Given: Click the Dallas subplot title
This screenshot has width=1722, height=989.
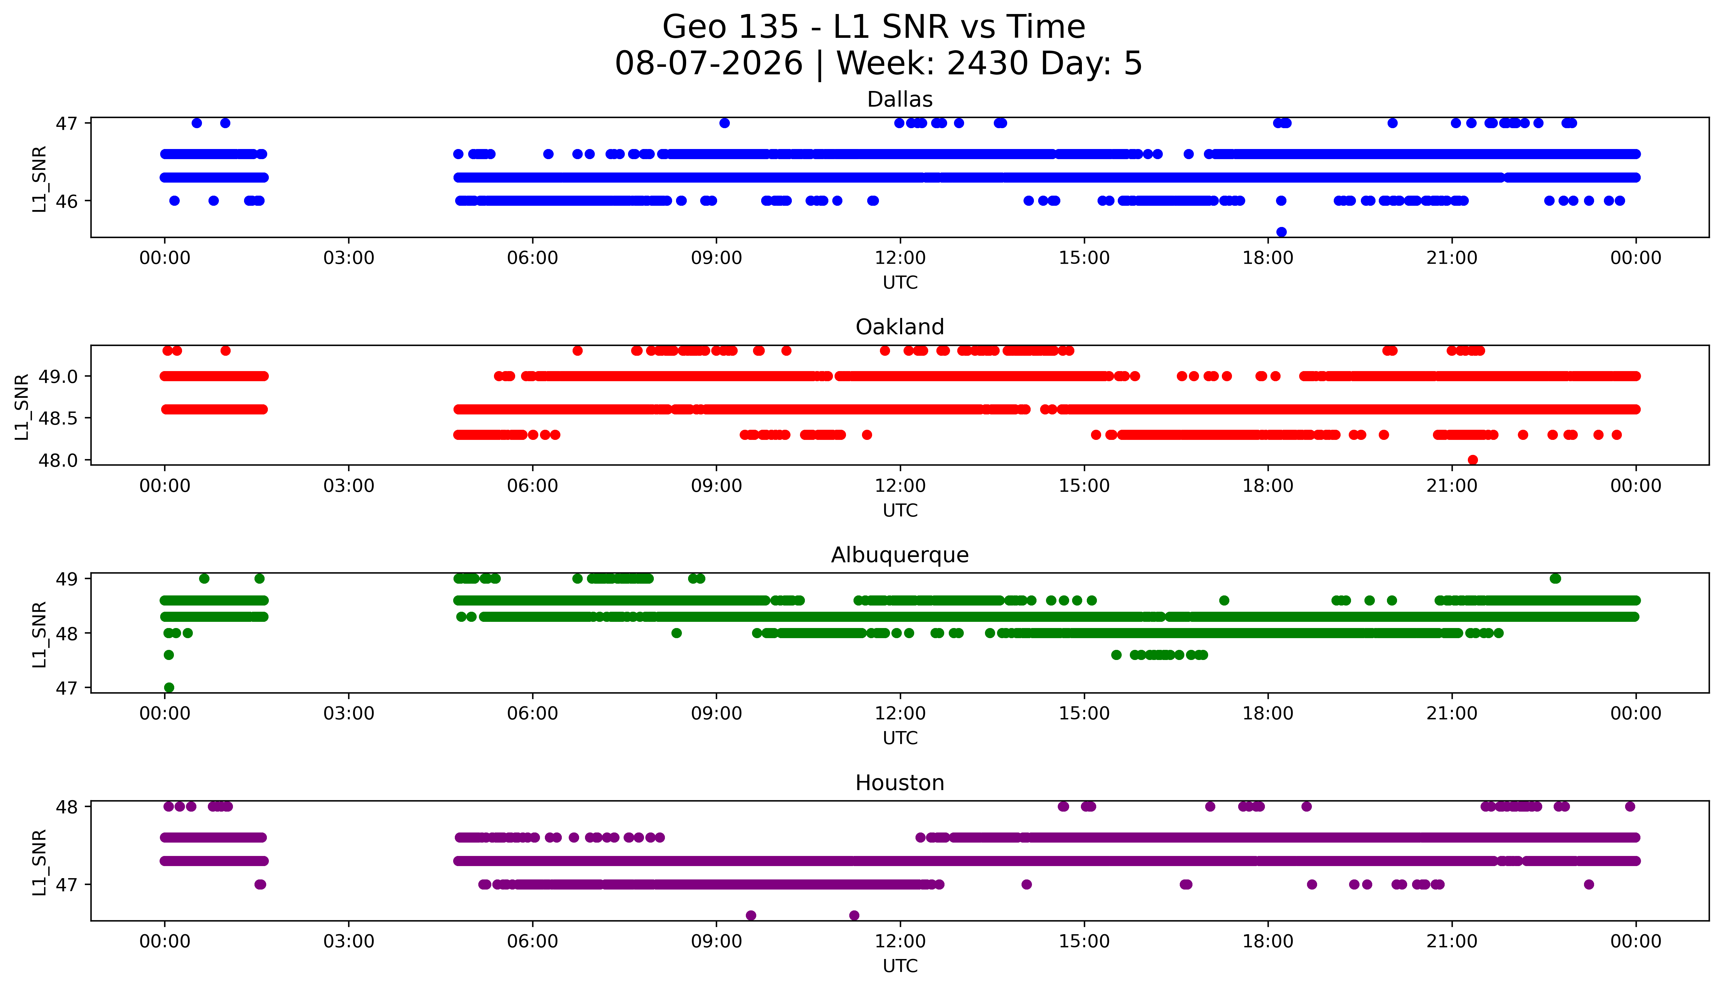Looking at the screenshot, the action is click(x=900, y=100).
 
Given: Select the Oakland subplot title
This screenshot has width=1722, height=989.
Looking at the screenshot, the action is click(x=900, y=327).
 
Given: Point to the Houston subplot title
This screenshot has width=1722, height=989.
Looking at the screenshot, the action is click(x=900, y=783).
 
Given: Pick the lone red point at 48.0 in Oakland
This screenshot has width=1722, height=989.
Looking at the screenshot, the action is click(x=1473, y=460).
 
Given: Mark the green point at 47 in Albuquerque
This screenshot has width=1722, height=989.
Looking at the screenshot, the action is click(x=169, y=687).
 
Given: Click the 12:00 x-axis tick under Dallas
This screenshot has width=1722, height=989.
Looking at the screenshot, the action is click(x=900, y=258).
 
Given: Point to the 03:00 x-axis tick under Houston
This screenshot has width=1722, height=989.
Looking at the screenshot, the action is click(x=349, y=941).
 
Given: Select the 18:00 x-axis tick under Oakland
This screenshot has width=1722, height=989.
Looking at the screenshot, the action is click(x=1268, y=486).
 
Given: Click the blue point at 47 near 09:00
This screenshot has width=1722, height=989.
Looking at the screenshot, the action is click(x=724, y=123).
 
